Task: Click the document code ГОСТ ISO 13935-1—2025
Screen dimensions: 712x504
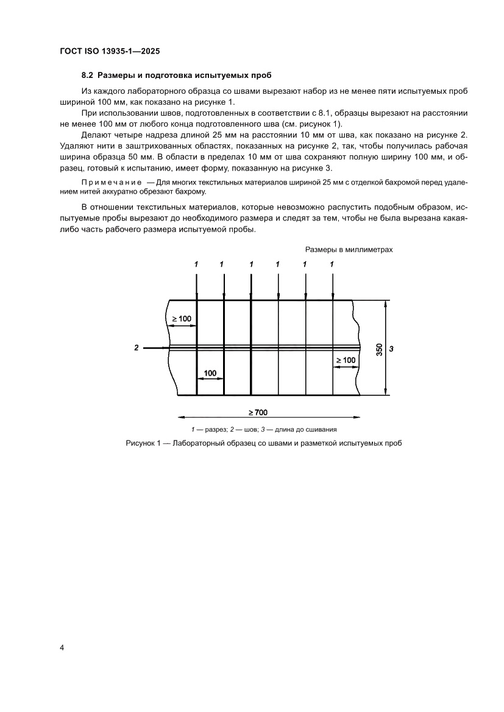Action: pos(110,52)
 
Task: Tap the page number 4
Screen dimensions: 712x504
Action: pos(62,647)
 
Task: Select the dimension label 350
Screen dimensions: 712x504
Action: pos(379,349)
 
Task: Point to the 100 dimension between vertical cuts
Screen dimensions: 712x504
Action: pos(210,372)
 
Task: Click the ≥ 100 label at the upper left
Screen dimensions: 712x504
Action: pos(181,319)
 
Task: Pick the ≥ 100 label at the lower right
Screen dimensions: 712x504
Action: pos(345,360)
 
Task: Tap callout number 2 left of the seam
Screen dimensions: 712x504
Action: pos(137,348)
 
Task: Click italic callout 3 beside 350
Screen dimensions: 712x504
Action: pos(392,348)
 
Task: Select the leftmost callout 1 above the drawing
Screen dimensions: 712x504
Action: pos(196,264)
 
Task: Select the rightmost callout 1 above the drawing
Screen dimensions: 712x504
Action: pos(332,264)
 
